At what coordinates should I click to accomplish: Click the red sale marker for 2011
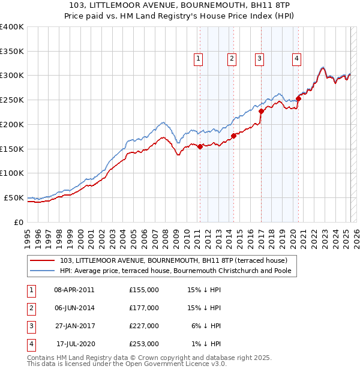tap(200, 146)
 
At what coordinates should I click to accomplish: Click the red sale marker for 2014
tap(233, 136)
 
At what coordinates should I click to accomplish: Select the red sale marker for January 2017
tap(262, 111)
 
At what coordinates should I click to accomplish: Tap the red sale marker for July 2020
tap(298, 98)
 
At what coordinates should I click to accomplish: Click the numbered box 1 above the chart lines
tap(198, 59)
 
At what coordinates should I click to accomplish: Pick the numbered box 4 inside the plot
tap(296, 59)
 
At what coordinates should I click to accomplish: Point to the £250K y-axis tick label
tap(11, 100)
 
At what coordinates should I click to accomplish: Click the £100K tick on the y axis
tap(11, 173)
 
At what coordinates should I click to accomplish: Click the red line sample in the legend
tap(42, 260)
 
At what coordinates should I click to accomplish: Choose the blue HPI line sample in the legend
tap(42, 271)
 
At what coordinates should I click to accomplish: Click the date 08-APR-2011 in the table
tap(74, 290)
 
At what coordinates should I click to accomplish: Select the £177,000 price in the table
tap(144, 308)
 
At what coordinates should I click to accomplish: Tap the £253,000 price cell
tap(144, 344)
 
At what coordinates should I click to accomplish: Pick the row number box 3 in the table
tap(30, 326)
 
